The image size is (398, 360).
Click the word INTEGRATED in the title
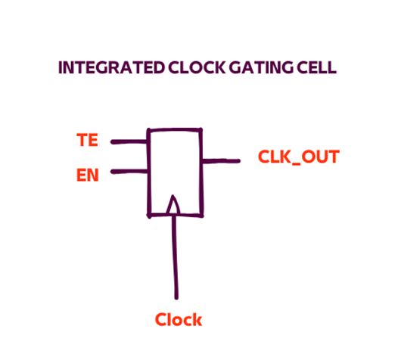click(x=111, y=67)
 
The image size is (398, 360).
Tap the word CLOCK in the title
click(x=197, y=67)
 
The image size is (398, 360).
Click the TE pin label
click(x=87, y=140)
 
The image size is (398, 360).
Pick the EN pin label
click(x=87, y=175)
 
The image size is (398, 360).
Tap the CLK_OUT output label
click(x=298, y=157)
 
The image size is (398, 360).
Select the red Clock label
click(x=179, y=319)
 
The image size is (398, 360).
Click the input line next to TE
click(x=129, y=141)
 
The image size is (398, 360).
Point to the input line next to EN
click(x=129, y=172)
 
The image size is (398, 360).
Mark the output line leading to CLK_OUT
click(x=221, y=161)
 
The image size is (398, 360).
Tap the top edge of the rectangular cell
click(x=175, y=130)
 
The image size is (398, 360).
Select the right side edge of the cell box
click(x=201, y=172)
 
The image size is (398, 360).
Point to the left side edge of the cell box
click(x=149, y=173)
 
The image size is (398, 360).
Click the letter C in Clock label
click(x=160, y=320)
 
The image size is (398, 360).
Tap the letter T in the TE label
click(x=82, y=140)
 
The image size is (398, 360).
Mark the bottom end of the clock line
click(x=176, y=298)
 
